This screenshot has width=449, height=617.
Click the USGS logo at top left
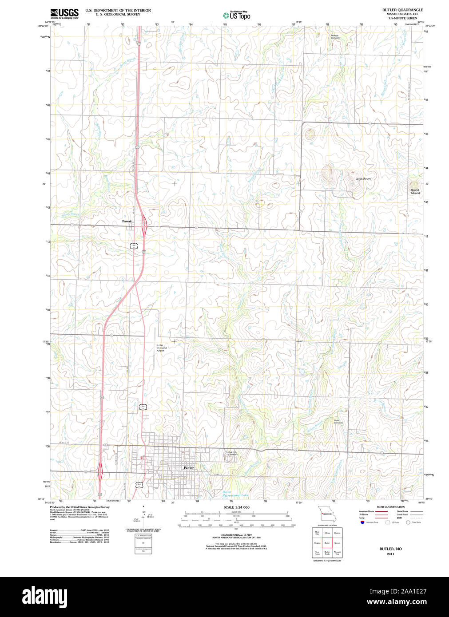point(64,13)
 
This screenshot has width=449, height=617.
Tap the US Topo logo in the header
point(236,15)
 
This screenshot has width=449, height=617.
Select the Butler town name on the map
point(189,468)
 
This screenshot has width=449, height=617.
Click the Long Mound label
point(363,178)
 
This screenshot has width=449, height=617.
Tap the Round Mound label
point(415,191)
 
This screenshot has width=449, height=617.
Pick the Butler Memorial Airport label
point(161,348)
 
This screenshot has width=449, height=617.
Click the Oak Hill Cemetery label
point(233,453)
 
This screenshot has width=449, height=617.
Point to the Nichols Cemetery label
point(335,36)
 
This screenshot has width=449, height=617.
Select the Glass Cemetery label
point(338,421)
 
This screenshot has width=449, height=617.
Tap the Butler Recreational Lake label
point(235,494)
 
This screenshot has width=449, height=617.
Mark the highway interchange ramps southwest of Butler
point(100,471)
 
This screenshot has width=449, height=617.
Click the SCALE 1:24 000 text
point(236,507)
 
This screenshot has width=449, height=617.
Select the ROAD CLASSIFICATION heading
point(390,506)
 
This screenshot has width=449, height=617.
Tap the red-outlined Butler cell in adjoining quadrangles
point(327,542)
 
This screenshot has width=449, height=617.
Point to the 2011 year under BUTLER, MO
point(390,554)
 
